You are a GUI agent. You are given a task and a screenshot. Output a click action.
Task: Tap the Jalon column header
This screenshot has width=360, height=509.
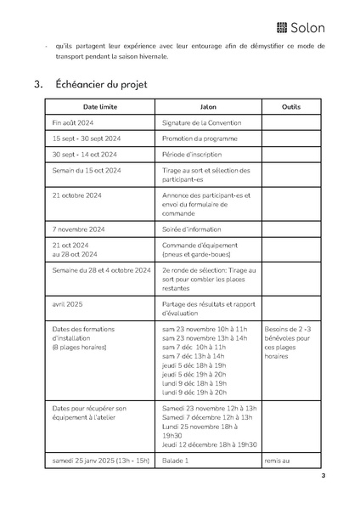207,107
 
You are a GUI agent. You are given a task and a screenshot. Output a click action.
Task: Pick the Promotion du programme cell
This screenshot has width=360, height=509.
199,139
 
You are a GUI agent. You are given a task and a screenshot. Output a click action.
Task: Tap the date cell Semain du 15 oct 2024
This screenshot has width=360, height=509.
87,170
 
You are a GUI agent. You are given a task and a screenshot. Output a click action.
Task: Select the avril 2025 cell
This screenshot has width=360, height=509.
66,303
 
